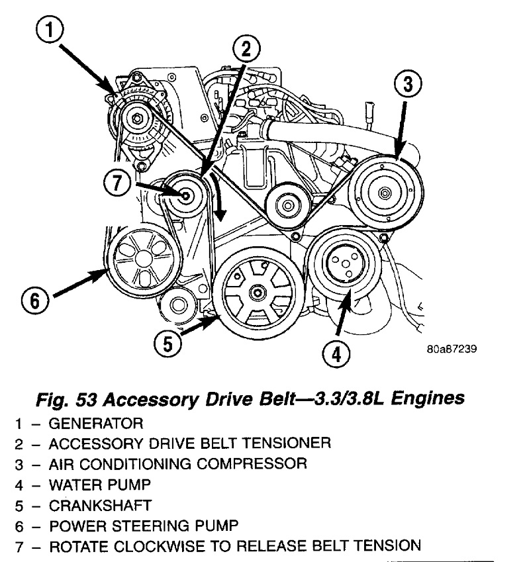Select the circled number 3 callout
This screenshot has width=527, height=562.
pyautogui.click(x=408, y=84)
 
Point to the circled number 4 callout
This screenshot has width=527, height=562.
pyautogui.click(x=336, y=355)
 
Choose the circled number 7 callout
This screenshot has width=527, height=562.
pyautogui.click(x=119, y=182)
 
